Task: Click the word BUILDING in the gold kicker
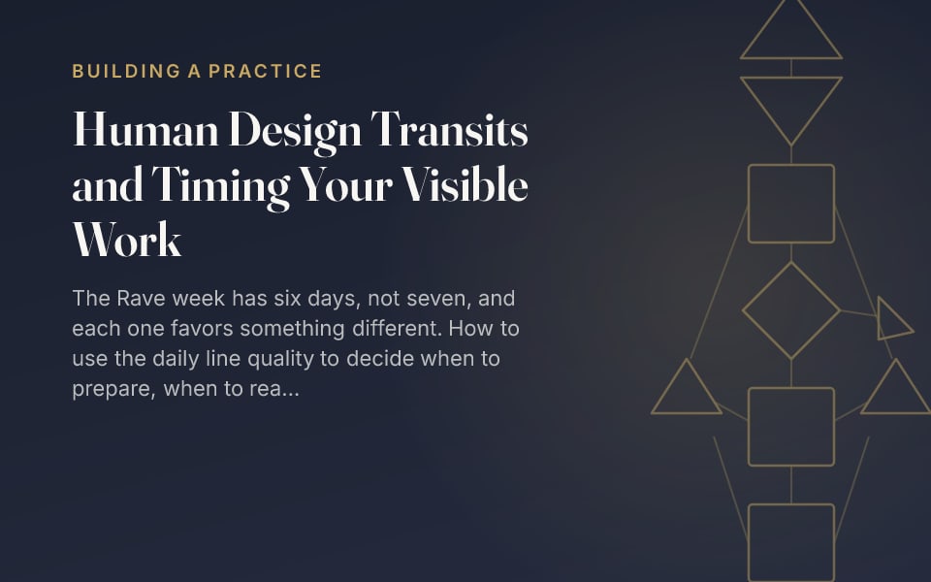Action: (x=126, y=71)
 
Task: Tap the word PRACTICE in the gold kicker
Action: (x=265, y=71)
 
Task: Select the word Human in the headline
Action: (x=145, y=129)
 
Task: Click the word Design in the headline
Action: (x=295, y=132)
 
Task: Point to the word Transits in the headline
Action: (x=449, y=129)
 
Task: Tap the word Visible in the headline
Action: (x=465, y=184)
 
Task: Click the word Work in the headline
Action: (x=127, y=240)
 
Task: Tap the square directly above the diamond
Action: (x=791, y=165)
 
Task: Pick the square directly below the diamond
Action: (x=791, y=388)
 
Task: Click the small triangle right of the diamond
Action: (x=880, y=318)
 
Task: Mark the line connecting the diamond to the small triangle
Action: (x=858, y=313)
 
